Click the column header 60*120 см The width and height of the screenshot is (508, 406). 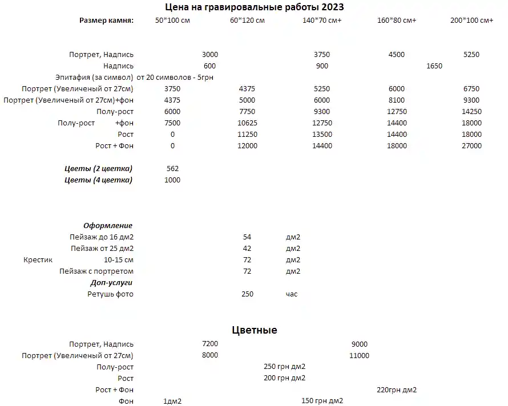247,21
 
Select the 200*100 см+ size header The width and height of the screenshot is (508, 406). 471,21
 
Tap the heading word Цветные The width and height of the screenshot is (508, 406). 255,330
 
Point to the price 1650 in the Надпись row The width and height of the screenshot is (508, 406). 434,66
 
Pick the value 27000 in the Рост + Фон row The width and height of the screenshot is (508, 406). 471,146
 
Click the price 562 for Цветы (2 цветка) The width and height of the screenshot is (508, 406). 172,169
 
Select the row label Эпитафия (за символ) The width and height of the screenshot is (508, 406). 94,78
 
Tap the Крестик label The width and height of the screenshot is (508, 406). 38,260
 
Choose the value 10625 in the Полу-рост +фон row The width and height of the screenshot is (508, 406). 247,123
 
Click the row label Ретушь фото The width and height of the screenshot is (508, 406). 110,294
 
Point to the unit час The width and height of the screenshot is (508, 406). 292,294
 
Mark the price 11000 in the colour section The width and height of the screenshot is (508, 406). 359,356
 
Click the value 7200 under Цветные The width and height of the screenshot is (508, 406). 210,344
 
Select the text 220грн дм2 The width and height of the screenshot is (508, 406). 397,390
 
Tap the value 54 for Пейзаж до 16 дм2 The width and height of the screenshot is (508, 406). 247,237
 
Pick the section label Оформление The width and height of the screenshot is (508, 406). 108,226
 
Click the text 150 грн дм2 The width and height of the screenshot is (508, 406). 322,401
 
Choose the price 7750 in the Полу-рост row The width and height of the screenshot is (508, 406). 247,112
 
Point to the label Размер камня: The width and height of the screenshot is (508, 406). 106,21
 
